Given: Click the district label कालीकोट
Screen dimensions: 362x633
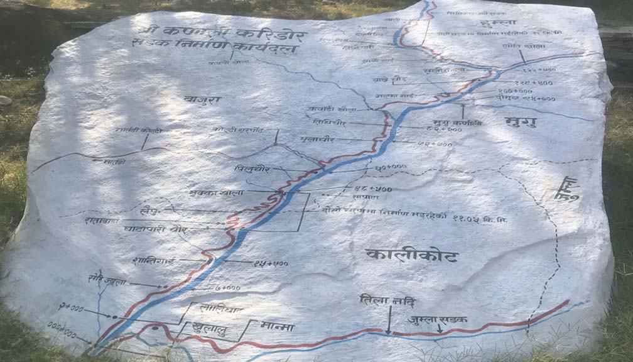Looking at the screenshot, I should coord(411,255).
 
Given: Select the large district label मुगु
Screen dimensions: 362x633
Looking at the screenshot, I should coord(521,122).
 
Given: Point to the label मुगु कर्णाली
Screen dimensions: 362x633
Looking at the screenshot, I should coord(457,123).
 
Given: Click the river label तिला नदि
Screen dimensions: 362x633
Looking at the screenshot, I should coord(387,300).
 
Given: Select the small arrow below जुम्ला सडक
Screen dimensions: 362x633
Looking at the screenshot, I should coord(440,328).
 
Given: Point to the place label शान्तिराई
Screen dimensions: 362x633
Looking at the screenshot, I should coord(153,260).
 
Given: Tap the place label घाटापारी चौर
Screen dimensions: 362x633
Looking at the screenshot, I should coord(154,230).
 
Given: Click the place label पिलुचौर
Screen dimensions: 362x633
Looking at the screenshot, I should coord(252,168).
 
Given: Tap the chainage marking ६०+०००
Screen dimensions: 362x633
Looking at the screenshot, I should coord(391,167).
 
